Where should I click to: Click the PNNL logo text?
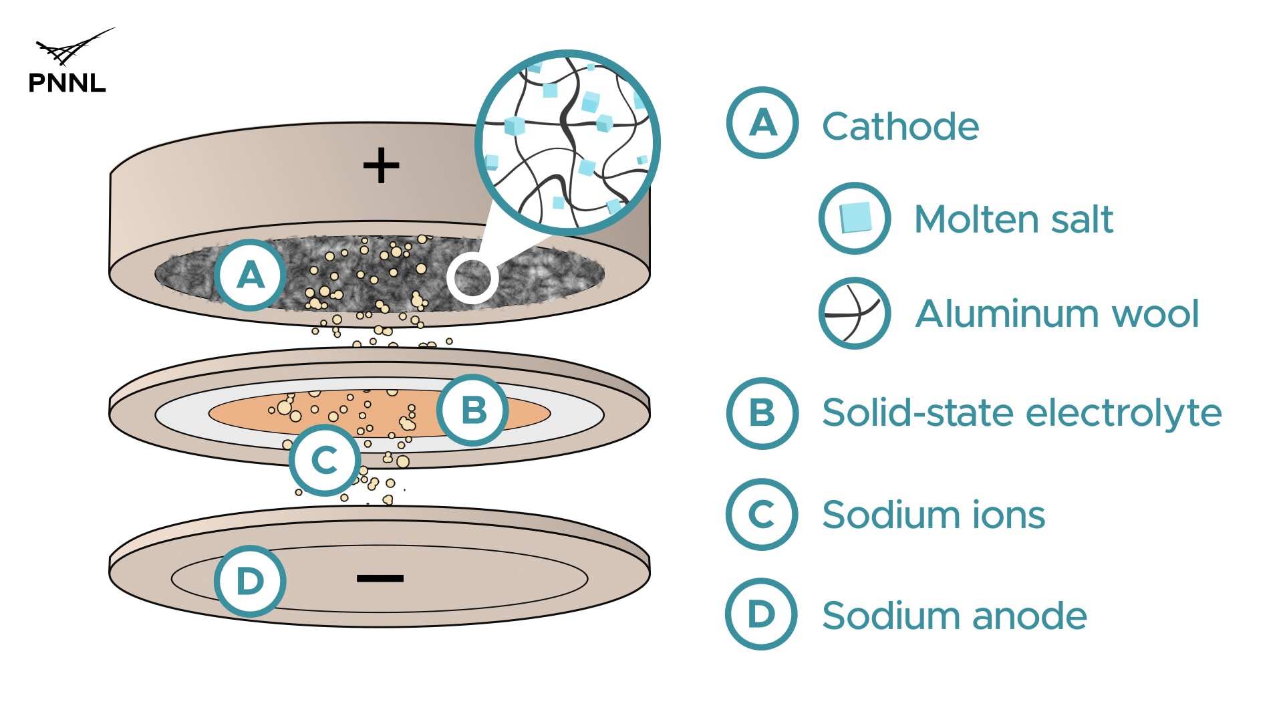click(67, 83)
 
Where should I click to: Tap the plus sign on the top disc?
click(381, 166)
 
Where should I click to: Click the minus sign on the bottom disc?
click(380, 578)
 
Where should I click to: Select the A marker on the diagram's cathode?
click(251, 275)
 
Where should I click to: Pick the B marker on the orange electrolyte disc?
click(473, 410)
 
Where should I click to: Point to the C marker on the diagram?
click(325, 460)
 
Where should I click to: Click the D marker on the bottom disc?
click(250, 581)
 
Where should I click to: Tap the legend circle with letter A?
click(762, 123)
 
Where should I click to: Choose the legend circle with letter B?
click(762, 412)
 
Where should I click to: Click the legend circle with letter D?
click(761, 614)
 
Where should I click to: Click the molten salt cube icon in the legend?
click(855, 218)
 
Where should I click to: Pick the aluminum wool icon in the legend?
click(855, 313)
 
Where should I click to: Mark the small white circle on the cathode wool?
click(472, 277)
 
